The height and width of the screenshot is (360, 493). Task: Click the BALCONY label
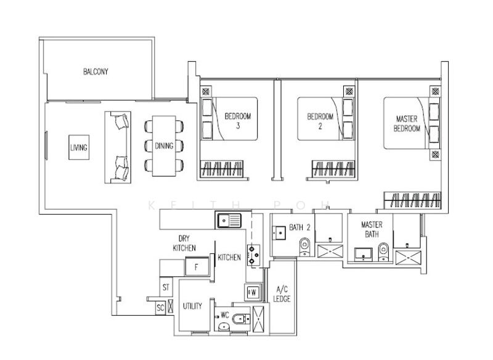96,72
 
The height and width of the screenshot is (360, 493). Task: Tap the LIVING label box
79,147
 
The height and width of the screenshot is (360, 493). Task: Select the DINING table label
164,146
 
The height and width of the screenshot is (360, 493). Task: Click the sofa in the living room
118,147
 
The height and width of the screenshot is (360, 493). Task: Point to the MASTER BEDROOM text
407,123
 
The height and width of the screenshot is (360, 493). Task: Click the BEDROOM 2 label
320,121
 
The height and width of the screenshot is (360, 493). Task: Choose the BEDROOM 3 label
238,121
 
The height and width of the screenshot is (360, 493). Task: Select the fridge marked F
197,267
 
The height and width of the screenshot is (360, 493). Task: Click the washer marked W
253,292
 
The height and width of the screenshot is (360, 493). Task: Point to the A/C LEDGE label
282,294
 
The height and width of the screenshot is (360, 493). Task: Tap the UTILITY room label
192,306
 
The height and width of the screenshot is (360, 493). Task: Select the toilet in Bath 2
304,247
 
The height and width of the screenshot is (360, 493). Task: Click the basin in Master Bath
364,255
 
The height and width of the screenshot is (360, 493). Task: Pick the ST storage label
166,287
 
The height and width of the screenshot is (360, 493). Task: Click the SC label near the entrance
160,308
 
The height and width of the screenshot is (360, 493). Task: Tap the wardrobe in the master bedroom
412,200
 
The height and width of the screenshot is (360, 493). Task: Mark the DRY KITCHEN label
184,243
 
